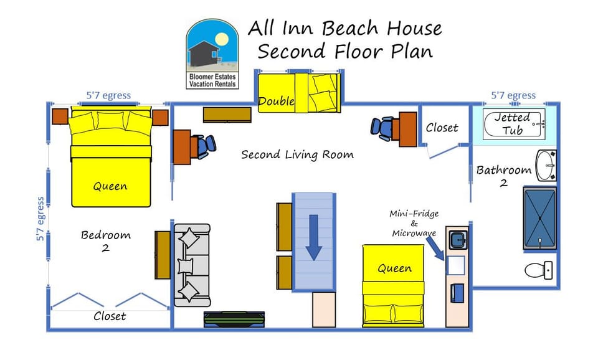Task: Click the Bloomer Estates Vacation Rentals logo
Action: pos(212,54)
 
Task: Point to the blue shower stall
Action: pos(539,218)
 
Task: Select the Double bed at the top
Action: pos(299,93)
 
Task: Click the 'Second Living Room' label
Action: pos(297,154)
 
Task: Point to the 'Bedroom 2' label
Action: pos(106,240)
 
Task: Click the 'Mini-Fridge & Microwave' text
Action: pos(415,224)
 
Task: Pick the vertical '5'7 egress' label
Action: pos(40,219)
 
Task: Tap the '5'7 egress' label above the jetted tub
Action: pos(513,95)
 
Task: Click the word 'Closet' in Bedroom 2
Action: pos(110,316)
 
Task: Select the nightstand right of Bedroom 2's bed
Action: pos(160,117)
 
